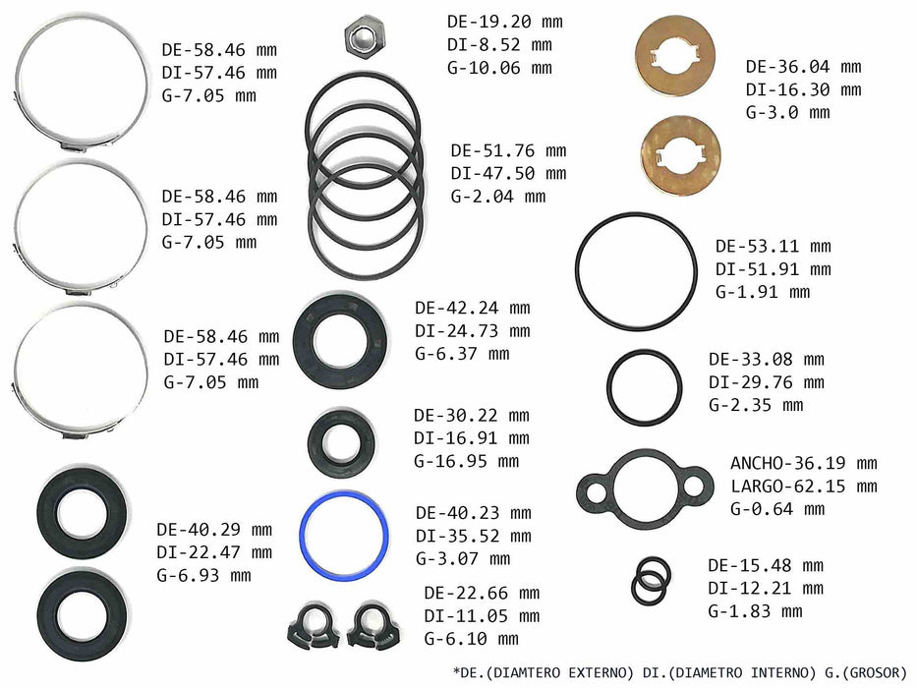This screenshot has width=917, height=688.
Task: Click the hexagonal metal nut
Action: click(364, 36)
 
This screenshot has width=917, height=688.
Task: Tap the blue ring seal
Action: click(303, 536)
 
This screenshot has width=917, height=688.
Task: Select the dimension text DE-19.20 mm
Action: click(505, 22)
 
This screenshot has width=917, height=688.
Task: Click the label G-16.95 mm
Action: click(466, 462)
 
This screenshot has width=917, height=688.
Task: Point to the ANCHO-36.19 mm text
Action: click(804, 463)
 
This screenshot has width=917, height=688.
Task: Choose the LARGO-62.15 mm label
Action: click(804, 487)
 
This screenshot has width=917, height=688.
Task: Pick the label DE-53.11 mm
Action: click(774, 247)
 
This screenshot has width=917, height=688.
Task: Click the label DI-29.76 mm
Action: click(766, 382)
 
